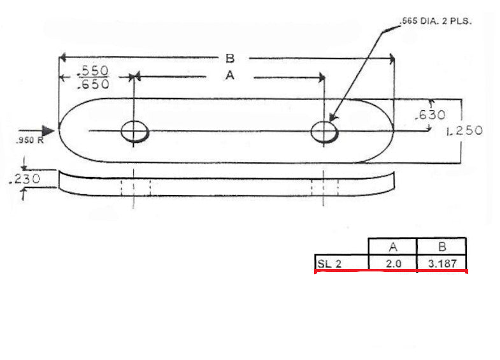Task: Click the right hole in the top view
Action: tap(324, 132)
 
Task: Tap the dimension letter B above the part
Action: tap(230, 59)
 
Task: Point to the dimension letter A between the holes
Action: tap(230, 76)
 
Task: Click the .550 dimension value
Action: tap(93, 70)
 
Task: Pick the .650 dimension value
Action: tap(93, 83)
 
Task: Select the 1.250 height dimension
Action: tap(464, 131)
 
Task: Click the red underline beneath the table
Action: tap(392, 271)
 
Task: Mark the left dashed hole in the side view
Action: tap(135, 187)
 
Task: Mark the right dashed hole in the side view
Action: tap(324, 187)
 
